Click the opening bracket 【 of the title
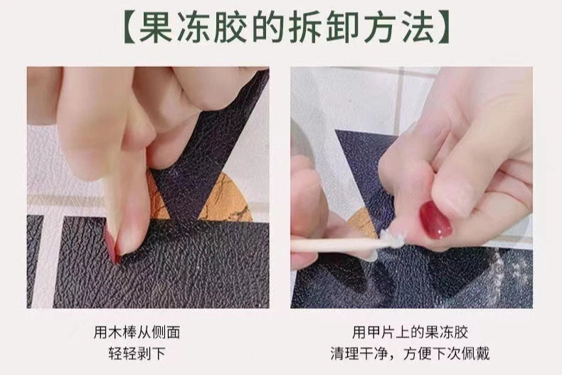129,27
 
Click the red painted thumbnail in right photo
435,220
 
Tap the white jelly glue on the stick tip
392,239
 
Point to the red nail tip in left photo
112,248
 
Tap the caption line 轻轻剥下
137,354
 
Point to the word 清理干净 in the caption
359,354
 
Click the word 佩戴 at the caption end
476,354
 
